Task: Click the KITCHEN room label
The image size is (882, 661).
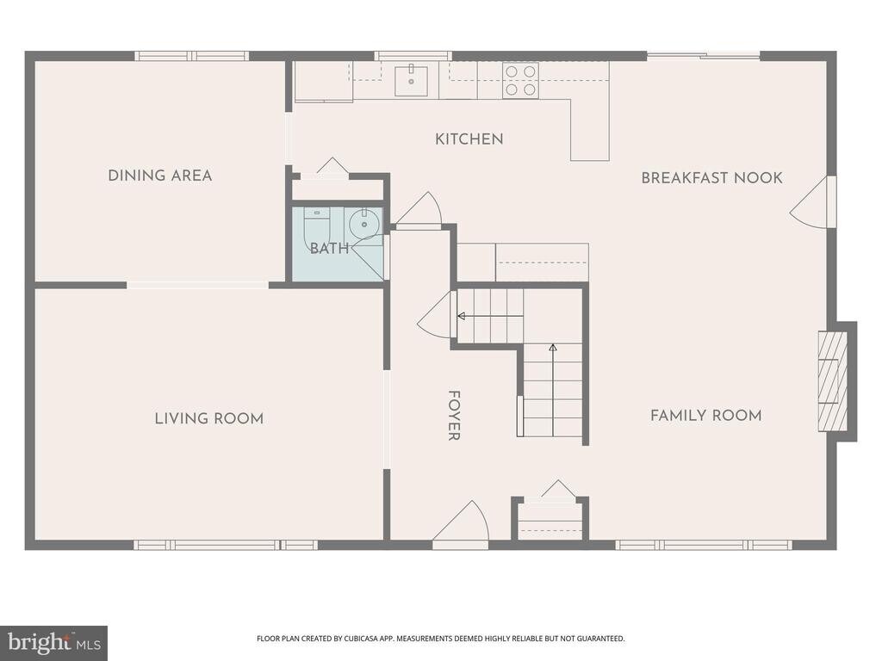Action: click(x=469, y=139)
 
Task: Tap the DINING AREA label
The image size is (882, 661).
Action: click(x=160, y=176)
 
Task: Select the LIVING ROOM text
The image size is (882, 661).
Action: click(x=209, y=418)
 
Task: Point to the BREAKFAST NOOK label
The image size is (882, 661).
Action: click(x=711, y=177)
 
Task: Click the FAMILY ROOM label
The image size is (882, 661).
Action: click(x=706, y=416)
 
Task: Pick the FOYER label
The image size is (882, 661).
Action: click(x=454, y=416)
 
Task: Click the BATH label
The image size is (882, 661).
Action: click(x=329, y=249)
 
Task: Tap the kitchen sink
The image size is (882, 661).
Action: click(x=411, y=81)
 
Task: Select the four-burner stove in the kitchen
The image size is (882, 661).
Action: click(x=520, y=80)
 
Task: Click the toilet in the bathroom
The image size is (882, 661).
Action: click(x=317, y=226)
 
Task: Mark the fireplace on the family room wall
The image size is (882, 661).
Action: click(x=833, y=381)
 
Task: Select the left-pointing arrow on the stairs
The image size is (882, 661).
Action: click(x=490, y=317)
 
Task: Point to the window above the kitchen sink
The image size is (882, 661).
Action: click(x=413, y=56)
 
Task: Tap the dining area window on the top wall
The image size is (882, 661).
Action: click(x=192, y=56)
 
